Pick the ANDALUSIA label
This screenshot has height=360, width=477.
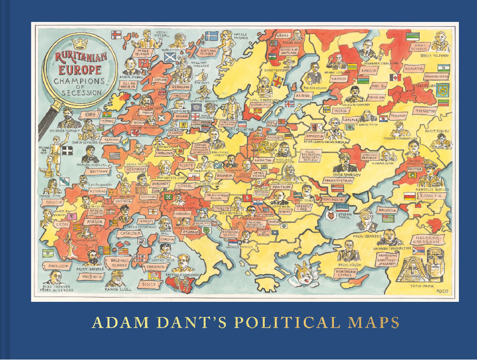tap(58, 266)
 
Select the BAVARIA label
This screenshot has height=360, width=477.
tap(224, 175)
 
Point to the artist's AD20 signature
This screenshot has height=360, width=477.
tap(442, 291)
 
